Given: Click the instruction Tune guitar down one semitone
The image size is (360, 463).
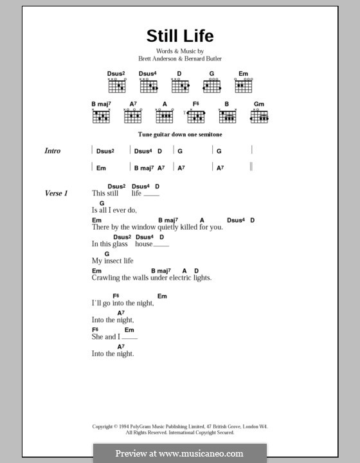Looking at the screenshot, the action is point(179,136).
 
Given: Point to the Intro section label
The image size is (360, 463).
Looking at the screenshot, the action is point(53,151).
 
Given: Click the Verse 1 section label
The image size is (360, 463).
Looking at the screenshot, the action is point(57,193).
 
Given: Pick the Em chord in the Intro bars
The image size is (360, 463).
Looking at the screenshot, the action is point(101,168).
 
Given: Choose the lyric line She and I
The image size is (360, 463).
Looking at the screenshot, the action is point(105,336).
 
